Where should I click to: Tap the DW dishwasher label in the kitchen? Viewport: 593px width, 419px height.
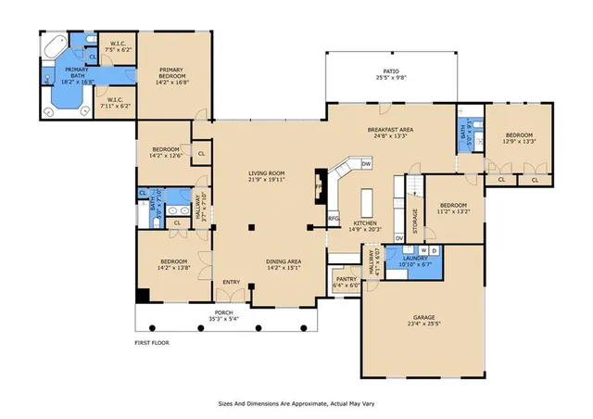[366, 164]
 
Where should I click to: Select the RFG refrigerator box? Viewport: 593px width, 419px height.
[334, 219]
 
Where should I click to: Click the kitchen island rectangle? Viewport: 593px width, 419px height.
[366, 201]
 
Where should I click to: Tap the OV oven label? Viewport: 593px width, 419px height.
[399, 238]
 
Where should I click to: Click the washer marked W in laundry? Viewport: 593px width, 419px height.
[423, 251]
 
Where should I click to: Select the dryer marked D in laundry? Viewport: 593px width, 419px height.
[435, 251]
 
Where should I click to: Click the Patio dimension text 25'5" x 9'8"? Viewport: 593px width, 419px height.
[391, 78]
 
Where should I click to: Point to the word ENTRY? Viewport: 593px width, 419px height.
[231, 283]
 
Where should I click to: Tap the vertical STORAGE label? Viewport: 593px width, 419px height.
[414, 222]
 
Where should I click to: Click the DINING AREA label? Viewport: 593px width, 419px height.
[284, 262]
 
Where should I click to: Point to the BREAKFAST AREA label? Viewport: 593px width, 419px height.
[390, 130]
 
